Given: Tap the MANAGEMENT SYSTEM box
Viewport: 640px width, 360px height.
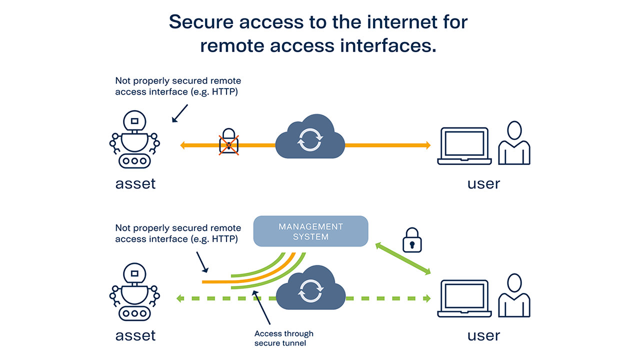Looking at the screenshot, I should [310, 231].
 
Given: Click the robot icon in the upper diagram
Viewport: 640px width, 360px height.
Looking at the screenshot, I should [134, 140].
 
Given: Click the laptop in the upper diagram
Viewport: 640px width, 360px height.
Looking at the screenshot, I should [463, 146].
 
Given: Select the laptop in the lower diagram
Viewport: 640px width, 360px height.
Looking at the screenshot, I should [463, 298].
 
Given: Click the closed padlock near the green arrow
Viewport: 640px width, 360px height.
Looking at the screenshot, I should [412, 240].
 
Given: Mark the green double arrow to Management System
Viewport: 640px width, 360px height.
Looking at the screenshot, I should [403, 258].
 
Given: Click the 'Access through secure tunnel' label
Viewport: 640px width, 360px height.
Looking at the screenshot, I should [283, 338].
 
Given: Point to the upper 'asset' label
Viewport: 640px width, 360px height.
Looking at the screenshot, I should [135, 183].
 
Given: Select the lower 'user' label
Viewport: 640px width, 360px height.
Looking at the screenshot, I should [483, 335].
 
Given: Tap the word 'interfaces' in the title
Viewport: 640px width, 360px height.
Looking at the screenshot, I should [383, 45].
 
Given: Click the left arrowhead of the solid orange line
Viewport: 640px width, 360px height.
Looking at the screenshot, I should [183, 145].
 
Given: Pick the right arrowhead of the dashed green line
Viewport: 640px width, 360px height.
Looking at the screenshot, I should [426, 299].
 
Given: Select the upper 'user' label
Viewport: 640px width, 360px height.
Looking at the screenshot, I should [483, 183].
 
